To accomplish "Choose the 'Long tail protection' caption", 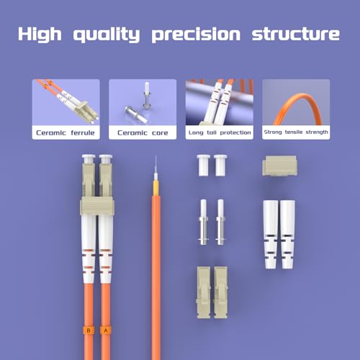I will [219, 132].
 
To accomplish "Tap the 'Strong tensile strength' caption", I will [296, 132].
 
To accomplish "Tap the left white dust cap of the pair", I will [202, 166].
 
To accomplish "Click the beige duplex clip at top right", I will [278, 166].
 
